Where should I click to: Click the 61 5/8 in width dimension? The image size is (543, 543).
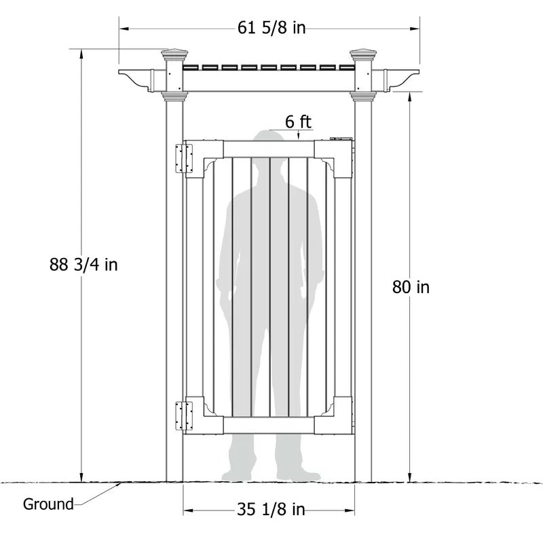click(x=271, y=27)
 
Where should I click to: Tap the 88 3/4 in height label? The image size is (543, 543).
click(x=83, y=265)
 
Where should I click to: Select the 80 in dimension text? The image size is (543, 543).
click(x=411, y=287)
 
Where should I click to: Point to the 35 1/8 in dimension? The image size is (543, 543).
click(x=271, y=510)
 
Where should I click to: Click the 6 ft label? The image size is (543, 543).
click(x=298, y=121)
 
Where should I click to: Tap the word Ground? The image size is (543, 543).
click(x=48, y=504)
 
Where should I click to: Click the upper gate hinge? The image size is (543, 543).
click(x=184, y=159)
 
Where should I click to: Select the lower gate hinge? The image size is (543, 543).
click(x=184, y=415)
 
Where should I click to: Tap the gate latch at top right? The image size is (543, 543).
click(x=341, y=138)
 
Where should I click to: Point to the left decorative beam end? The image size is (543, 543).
click(x=136, y=80)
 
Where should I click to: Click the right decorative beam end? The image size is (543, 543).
click(x=402, y=80)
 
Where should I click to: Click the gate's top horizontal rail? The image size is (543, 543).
click(x=269, y=149)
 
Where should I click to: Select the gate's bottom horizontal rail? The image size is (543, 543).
click(x=269, y=426)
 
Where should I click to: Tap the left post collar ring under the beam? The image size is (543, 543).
click(x=175, y=96)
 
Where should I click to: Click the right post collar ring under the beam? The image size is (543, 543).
click(x=363, y=96)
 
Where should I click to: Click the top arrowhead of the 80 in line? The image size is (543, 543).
click(x=410, y=97)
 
